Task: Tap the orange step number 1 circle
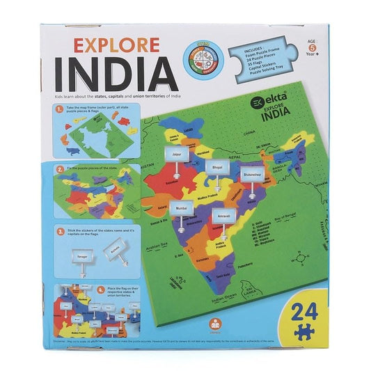point(61,109)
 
